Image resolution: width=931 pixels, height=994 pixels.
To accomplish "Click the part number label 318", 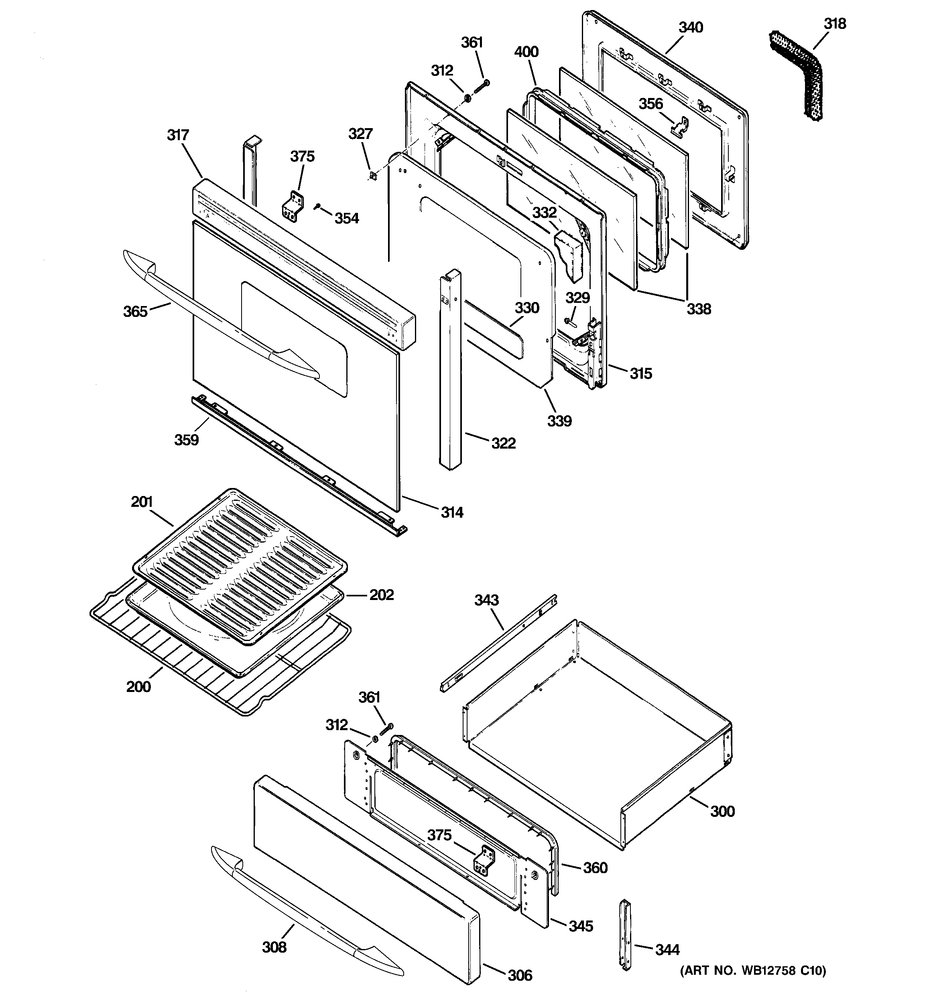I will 835,24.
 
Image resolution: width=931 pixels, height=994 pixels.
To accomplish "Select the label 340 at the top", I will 691,27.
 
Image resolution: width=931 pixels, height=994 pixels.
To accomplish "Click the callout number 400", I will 526,51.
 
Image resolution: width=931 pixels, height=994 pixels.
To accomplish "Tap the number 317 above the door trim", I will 178,135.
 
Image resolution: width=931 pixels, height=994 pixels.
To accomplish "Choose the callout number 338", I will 698,309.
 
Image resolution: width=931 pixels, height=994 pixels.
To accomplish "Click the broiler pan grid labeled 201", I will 240,565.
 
